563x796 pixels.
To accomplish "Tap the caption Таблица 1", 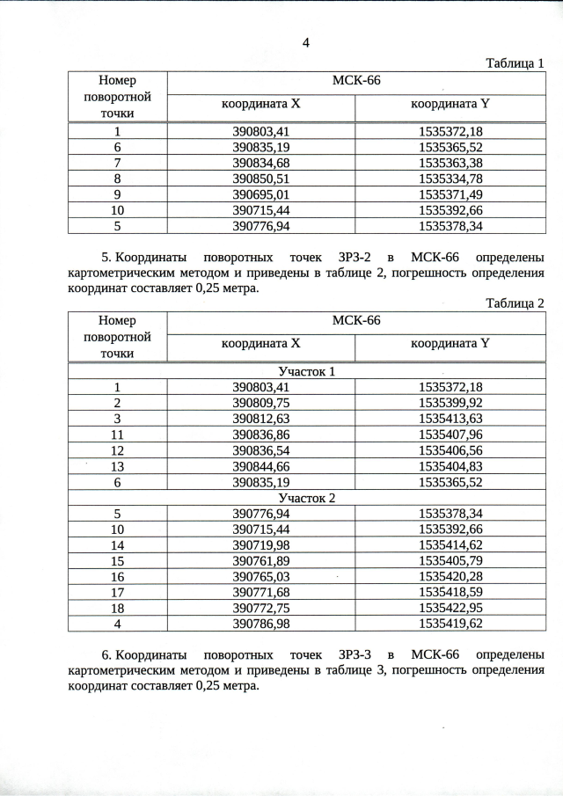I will [515, 62].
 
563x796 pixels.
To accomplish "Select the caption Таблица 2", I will [515, 303].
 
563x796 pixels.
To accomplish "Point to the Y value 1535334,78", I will [450, 179].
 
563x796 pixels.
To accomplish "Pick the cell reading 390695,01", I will [260, 194].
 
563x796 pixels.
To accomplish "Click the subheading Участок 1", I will [306, 371].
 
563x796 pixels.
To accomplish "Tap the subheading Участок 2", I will [306, 498].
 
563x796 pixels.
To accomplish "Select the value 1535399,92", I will [450, 403].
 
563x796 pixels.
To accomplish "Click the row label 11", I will [117, 435].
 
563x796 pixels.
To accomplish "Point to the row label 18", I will [117, 609].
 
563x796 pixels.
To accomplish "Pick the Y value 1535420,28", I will [450, 577].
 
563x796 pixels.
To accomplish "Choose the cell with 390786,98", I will [260, 624].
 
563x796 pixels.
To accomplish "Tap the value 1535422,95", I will [450, 609].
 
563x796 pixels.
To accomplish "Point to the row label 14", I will [117, 545].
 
